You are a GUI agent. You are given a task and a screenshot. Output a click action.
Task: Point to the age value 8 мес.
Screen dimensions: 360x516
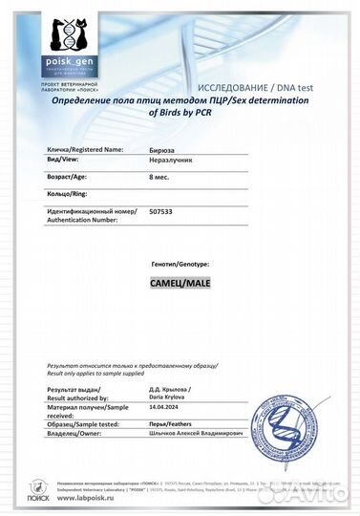tap(161, 178)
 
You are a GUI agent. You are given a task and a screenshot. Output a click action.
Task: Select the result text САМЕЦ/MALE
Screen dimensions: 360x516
tap(180, 284)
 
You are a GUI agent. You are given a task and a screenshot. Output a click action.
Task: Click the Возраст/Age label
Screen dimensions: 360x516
tap(72, 178)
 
